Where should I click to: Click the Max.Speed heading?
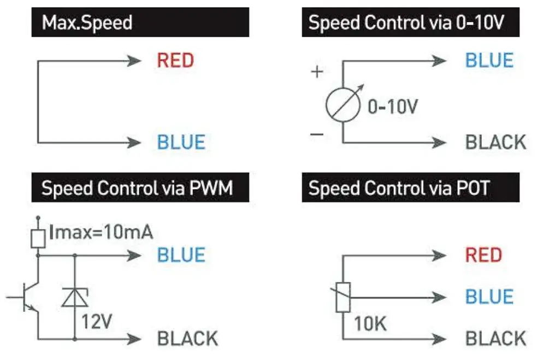[87, 23]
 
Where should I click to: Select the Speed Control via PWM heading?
[137, 188]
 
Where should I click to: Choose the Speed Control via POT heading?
[399, 188]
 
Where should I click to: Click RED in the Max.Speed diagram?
[175, 60]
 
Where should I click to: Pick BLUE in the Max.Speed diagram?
[181, 143]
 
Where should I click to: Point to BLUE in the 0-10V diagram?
[489, 60]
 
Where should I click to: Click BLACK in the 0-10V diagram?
[495, 143]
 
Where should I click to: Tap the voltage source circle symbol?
[343, 102]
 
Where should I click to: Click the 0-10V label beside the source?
[393, 107]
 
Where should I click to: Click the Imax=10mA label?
[101, 232]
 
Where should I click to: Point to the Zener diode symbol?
[75, 297]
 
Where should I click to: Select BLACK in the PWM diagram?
[187, 339]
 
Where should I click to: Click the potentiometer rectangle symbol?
[343, 297]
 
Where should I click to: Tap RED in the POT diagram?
[483, 255]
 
